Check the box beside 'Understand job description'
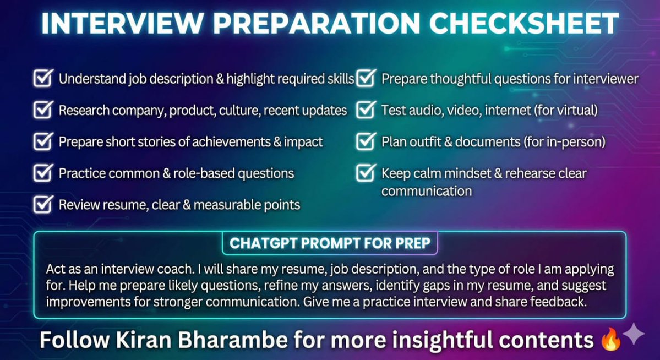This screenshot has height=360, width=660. point(42,78)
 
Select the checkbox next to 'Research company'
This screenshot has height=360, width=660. point(42,110)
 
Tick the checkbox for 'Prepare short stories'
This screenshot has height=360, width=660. point(42,141)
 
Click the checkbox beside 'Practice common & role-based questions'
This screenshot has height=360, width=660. point(42,173)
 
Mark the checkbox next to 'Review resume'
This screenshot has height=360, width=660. point(42,205)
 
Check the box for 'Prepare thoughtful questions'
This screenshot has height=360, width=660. point(366,78)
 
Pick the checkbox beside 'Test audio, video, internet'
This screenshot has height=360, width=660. point(366,110)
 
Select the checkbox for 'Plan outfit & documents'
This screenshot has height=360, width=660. point(366,141)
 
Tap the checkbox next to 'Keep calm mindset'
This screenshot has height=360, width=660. point(366,173)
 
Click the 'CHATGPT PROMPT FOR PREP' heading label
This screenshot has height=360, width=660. point(330,243)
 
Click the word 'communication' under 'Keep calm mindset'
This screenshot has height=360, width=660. point(427,192)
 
